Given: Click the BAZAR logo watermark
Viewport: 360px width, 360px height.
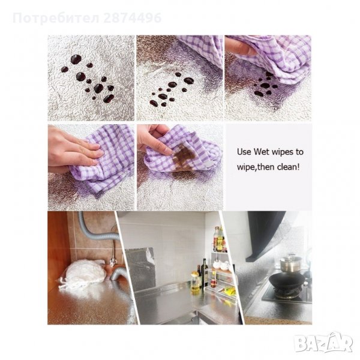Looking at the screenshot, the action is [323, 343].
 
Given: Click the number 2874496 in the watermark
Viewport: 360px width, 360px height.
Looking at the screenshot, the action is [132, 18].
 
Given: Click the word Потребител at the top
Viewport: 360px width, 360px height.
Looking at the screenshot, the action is [56, 19].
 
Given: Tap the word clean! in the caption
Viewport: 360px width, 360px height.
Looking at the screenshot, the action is [288, 167].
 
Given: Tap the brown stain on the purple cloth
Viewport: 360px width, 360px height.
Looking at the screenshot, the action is [184, 156].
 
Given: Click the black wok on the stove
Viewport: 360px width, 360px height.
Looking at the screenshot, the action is [287, 281].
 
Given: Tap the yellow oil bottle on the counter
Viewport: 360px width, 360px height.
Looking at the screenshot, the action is [195, 281].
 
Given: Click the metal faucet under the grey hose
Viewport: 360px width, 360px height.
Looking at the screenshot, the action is [113, 253].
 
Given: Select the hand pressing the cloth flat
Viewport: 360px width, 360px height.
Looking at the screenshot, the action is [73, 149].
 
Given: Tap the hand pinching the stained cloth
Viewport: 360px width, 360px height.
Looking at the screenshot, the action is [154, 139].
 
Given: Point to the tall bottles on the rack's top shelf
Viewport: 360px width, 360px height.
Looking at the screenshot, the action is [219, 239].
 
